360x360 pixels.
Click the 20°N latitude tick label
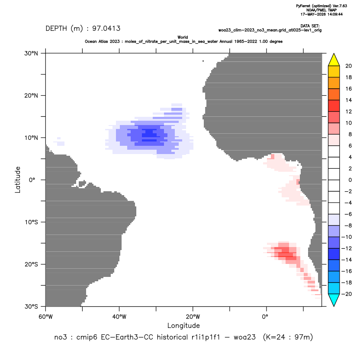click(x=31, y=96)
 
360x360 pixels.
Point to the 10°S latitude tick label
click(x=31, y=222)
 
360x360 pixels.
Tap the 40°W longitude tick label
click(x=119, y=317)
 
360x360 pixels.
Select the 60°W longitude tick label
click(x=46, y=317)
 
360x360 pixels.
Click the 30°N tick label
click(x=31, y=53)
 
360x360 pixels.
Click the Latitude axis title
click(x=18, y=180)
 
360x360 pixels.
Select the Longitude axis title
click(x=183, y=325)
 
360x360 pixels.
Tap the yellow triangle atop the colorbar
click(x=334, y=60)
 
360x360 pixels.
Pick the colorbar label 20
click(x=348, y=66)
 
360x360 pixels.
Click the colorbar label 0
click(x=350, y=180)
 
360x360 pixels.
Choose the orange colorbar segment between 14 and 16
click(x=334, y=94)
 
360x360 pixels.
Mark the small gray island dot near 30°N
click(x=203, y=61)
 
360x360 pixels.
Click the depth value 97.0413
click(x=106, y=29)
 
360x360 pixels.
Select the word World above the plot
click(x=183, y=37)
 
